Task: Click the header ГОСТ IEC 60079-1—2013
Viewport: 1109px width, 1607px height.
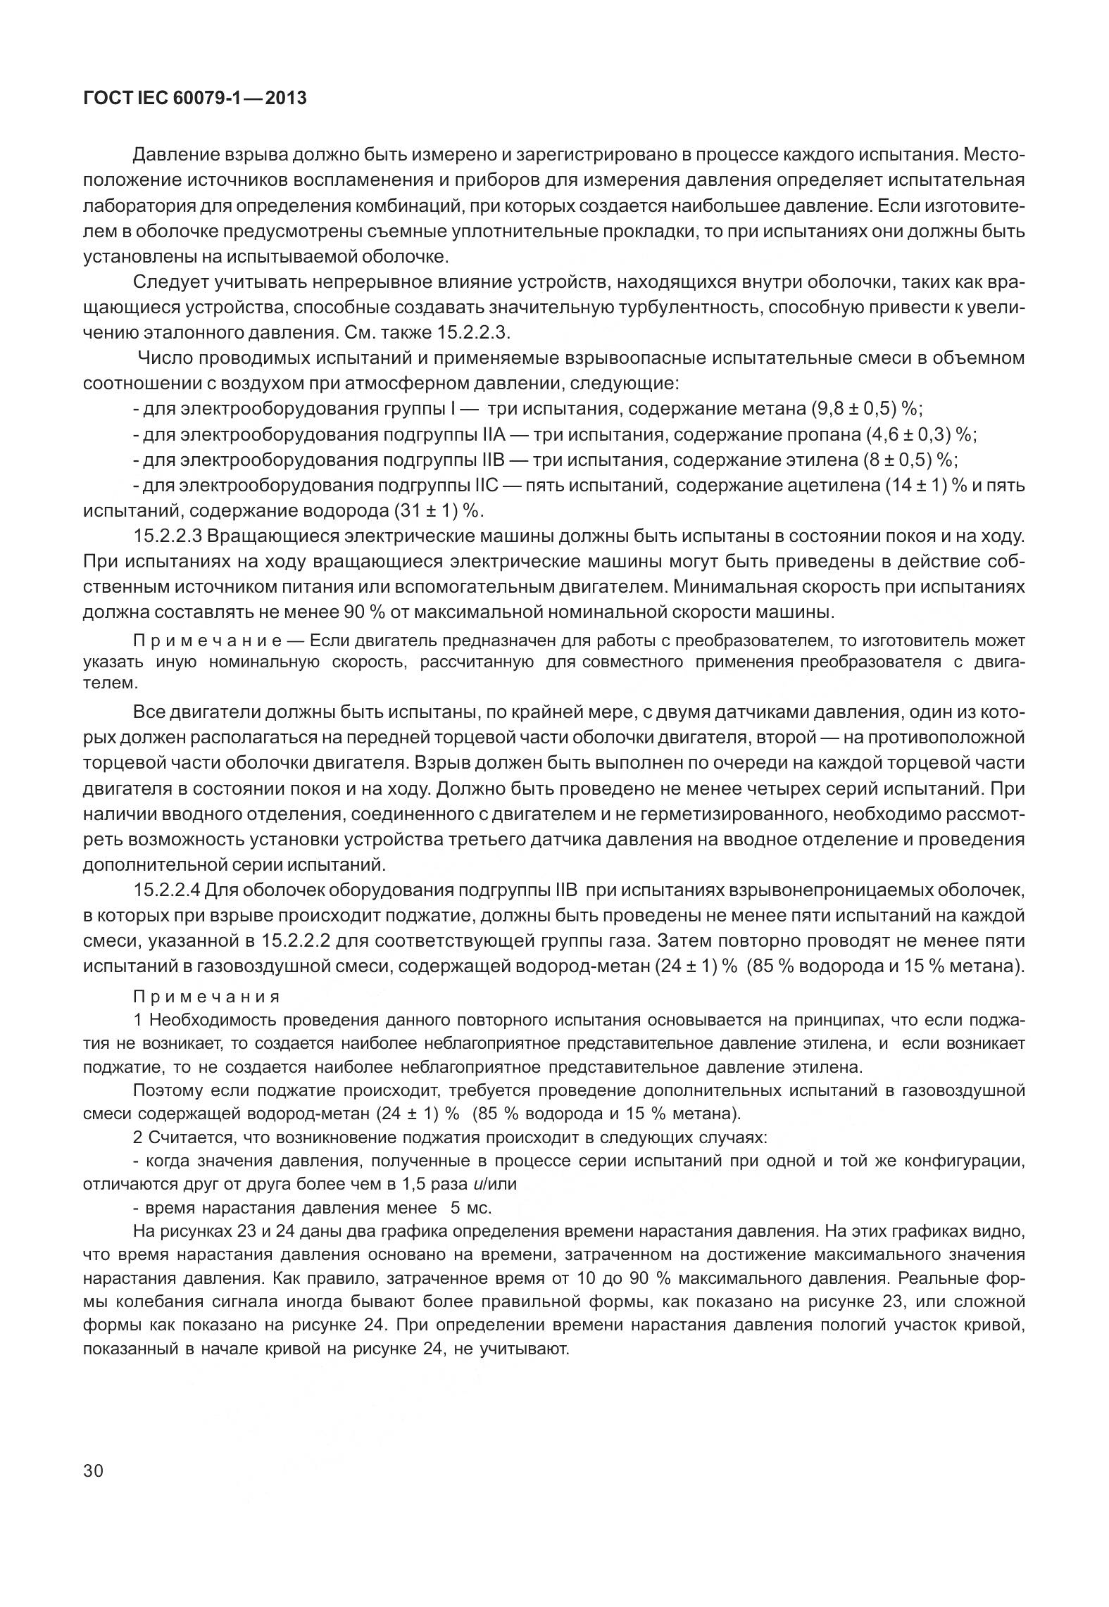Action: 194,98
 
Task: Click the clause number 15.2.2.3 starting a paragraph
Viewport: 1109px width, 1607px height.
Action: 168,536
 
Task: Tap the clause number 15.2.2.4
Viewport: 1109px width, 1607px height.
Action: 168,890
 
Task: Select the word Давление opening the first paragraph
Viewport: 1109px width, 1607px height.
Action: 175,154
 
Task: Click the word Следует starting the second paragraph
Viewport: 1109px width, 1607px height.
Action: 166,283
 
